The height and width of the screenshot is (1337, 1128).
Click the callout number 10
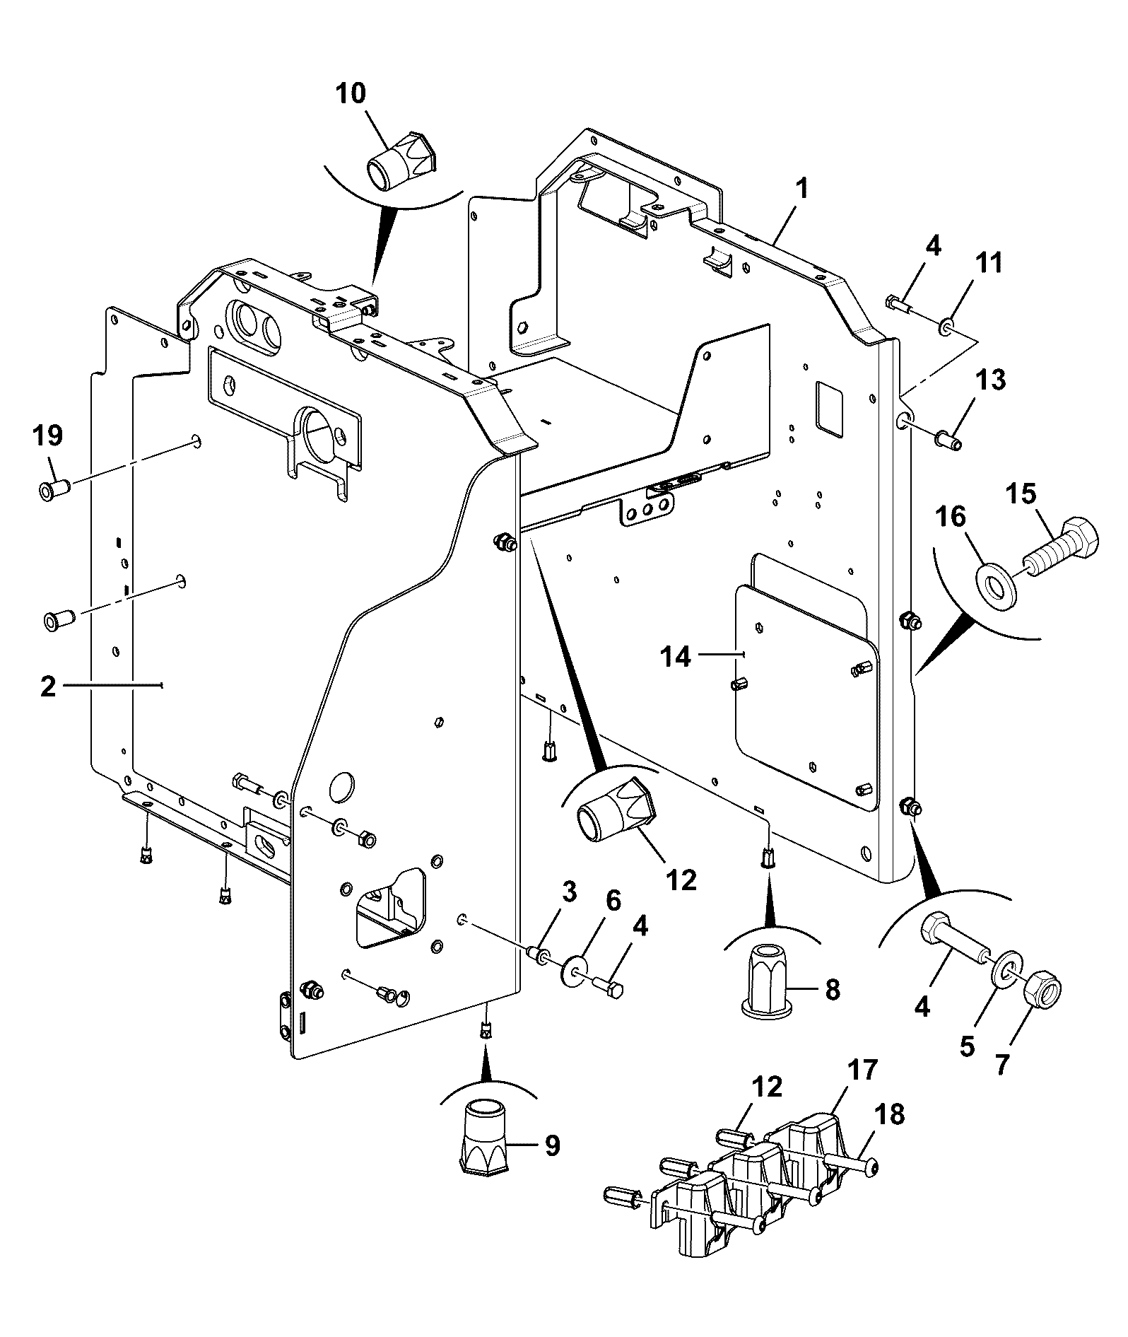tap(351, 95)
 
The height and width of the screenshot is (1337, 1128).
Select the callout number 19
tap(48, 435)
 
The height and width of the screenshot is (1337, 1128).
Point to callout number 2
tap(48, 686)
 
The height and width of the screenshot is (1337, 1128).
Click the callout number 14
tap(676, 657)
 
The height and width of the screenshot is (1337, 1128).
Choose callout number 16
tap(951, 517)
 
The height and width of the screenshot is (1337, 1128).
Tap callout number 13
tap(990, 380)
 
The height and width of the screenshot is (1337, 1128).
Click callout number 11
tap(989, 263)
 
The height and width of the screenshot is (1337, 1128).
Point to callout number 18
tap(890, 1114)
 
